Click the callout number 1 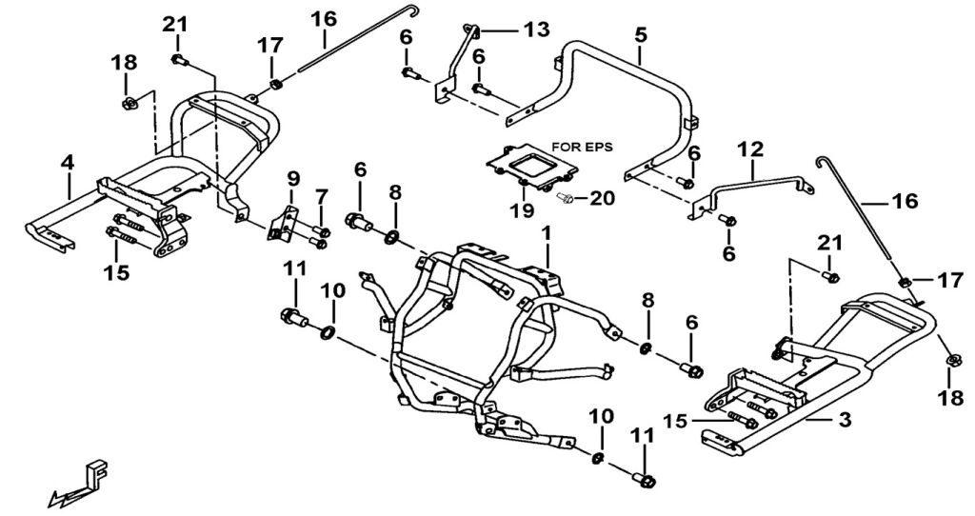point(547,232)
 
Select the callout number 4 point(67,163)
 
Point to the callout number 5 point(640,34)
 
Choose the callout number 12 point(751,149)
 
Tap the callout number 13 point(536,30)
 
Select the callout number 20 point(601,198)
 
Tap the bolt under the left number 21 point(178,61)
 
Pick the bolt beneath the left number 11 point(290,316)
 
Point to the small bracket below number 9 point(279,226)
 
